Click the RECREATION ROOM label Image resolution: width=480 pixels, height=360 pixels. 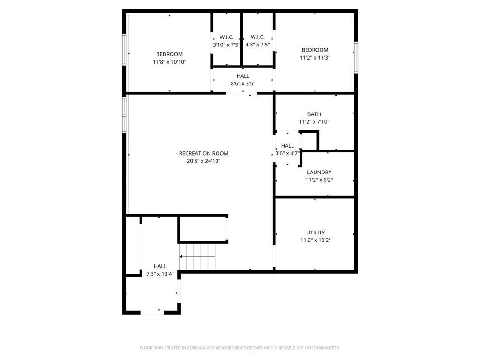[203, 153]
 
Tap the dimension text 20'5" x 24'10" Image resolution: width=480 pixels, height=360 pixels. [203, 161]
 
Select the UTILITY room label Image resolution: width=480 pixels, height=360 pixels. [315, 232]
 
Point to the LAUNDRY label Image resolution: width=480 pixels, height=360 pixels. [319, 172]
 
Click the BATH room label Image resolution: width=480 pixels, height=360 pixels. [314, 114]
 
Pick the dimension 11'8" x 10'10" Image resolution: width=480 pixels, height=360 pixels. [169, 62]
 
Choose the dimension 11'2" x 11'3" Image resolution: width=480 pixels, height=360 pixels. [315, 58]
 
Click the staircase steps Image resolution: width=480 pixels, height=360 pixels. [197, 256]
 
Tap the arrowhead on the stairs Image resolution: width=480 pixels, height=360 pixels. [181, 257]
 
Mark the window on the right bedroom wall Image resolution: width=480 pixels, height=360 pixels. [356, 57]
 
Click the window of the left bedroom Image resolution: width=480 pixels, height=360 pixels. [124, 49]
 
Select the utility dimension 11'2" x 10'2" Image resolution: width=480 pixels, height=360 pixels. [315, 240]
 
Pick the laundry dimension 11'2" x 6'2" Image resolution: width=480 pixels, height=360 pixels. [319, 180]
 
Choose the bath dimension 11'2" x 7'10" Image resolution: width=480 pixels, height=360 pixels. [314, 122]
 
